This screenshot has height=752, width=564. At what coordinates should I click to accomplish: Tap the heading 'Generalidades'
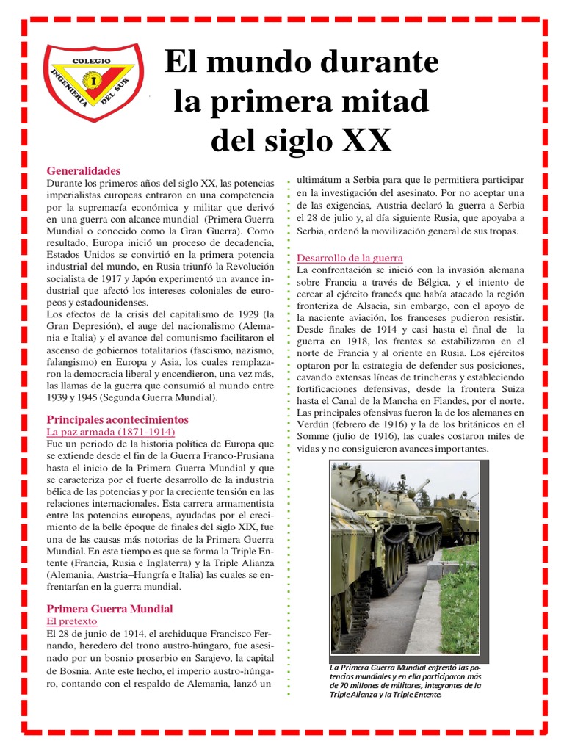click(83, 170)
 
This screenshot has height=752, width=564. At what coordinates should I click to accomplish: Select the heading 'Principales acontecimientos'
click(117, 419)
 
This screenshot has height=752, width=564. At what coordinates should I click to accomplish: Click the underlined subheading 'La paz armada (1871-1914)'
click(110, 432)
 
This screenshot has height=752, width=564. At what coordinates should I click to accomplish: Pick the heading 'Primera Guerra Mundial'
click(109, 609)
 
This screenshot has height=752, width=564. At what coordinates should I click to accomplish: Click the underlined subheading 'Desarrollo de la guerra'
click(350, 258)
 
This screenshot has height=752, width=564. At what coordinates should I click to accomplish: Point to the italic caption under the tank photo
click(405, 679)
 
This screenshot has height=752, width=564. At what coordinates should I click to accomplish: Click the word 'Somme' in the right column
click(314, 436)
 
